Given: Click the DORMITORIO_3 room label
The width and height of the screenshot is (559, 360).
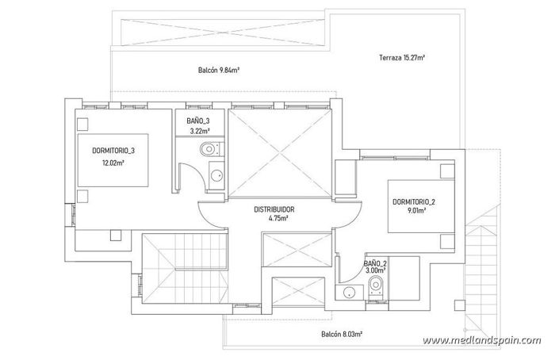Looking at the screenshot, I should coord(112,151).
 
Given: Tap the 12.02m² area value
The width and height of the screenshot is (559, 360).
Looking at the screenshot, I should coord(112,165).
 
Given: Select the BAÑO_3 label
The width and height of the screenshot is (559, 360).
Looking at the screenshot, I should coord(199,121).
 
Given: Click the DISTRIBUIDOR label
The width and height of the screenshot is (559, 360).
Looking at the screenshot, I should coord(274,210).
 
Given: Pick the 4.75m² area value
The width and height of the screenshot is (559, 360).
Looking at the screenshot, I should coord(274,220).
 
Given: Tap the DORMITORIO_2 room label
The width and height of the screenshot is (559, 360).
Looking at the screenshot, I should coord(413,202).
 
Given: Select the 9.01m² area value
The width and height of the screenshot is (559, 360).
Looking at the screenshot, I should coord(413,212).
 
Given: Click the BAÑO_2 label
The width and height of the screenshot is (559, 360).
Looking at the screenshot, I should coord(374,262).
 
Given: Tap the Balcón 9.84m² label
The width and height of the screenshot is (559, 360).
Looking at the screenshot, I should coord(220,71).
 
